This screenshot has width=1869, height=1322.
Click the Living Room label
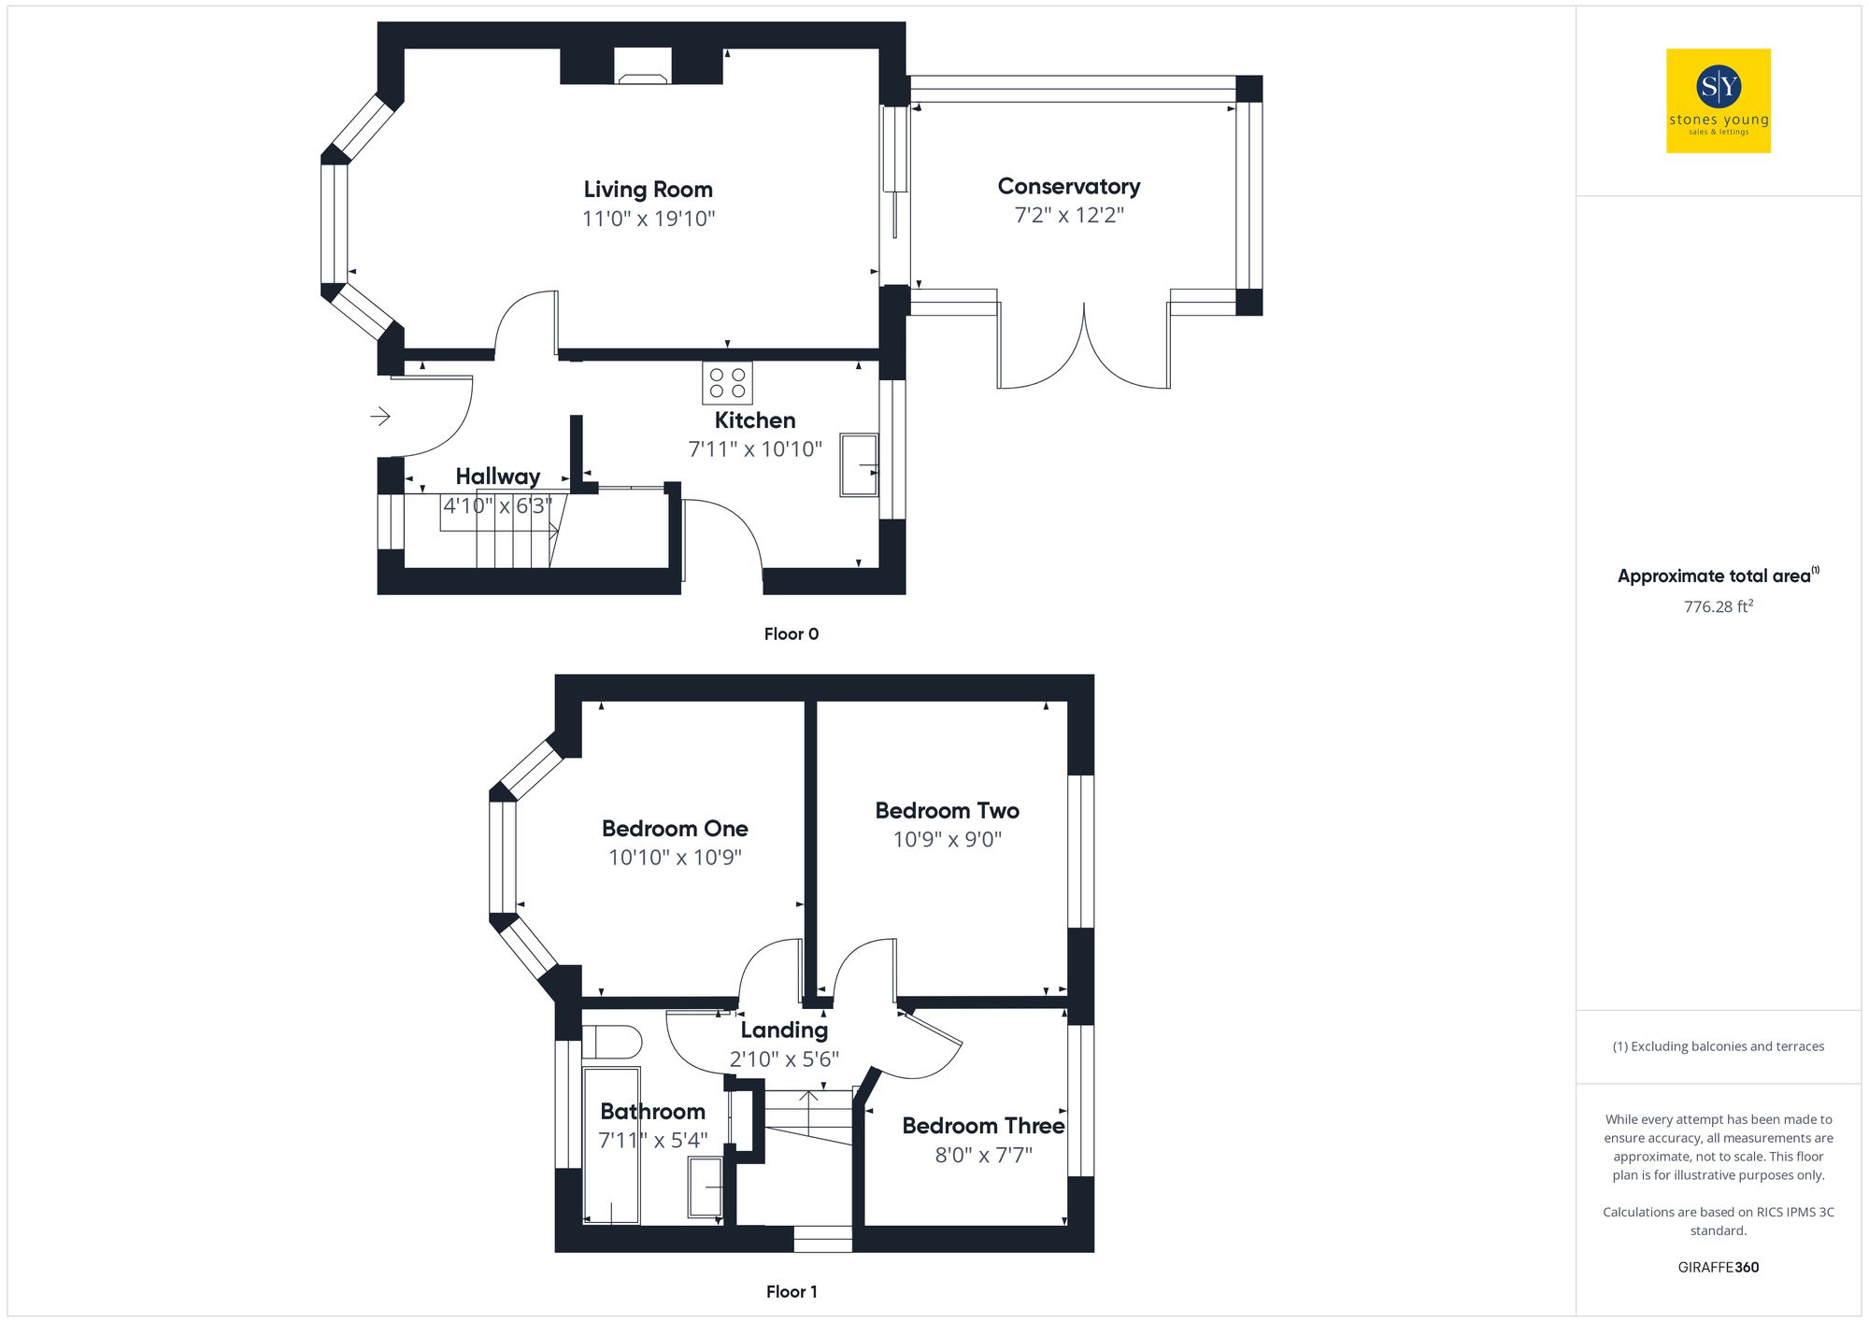tap(648, 190)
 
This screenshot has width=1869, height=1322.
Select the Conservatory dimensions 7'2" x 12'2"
tap(1069, 216)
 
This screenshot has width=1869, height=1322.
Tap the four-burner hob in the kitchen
tap(727, 383)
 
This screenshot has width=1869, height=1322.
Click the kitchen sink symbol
tap(859, 464)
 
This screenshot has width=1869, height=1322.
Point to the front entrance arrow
tap(380, 416)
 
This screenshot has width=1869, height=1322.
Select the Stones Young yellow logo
tap(1718, 101)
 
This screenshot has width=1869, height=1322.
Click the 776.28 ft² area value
tap(1718, 607)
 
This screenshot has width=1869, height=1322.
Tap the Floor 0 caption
tap(791, 634)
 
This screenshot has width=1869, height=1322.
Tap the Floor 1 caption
tap(791, 1292)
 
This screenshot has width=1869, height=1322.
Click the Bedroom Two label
tap(947, 811)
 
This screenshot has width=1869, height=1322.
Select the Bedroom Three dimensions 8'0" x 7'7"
tap(983, 1156)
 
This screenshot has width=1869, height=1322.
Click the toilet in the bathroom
tap(612, 1042)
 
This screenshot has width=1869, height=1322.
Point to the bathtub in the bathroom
tap(611, 1145)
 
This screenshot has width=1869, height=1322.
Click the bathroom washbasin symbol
tap(706, 1187)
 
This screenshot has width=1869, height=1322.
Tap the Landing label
tap(784, 1031)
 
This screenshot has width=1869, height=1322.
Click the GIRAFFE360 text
tap(1718, 1268)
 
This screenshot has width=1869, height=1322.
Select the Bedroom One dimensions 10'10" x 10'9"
tap(675, 858)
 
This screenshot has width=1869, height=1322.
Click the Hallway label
tap(497, 476)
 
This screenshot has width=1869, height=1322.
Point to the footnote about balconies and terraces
tap(1718, 1046)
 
